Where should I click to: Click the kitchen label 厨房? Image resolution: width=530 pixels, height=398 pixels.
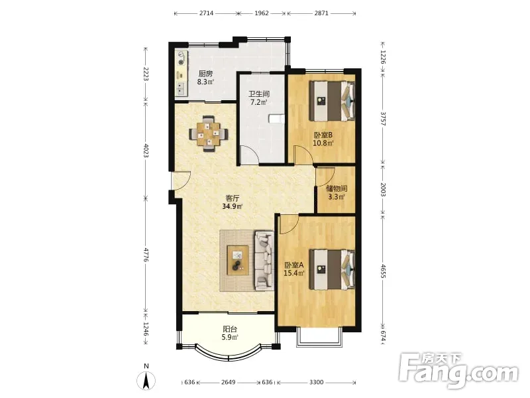pos(205,74)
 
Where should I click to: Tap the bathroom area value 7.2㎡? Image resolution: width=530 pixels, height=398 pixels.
pos(258,102)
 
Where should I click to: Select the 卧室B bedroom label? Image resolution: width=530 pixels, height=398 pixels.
pos(323,135)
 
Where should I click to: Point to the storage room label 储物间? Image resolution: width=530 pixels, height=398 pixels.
pos(337,188)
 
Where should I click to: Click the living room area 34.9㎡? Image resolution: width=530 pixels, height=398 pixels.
pos(233,206)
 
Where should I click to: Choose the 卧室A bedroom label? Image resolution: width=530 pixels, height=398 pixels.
pos(293,265)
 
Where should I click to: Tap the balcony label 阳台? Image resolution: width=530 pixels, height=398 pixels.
pos(230,329)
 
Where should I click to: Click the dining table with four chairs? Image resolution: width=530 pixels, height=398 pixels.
pos(208,134)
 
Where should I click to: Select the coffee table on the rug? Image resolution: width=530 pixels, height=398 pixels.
pos(238,260)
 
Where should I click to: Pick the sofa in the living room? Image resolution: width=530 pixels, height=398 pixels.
pos(264,261)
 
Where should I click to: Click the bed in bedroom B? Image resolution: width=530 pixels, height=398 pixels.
pos(333,101)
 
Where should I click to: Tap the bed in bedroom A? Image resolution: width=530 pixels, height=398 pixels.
pos(333,269)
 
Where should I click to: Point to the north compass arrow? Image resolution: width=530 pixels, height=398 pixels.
pos(146,381)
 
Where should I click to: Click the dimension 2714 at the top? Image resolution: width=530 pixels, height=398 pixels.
pos(206,13)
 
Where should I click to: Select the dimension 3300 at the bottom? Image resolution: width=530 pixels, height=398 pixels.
pos(317,382)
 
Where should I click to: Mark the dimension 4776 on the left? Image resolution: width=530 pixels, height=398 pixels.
pos(146,255)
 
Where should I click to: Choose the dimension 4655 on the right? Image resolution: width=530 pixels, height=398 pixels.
pos(383,271)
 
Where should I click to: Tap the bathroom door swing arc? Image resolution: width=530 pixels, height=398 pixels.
pos(252,153)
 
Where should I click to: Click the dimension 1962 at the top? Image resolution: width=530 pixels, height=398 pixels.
pos(262,13)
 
